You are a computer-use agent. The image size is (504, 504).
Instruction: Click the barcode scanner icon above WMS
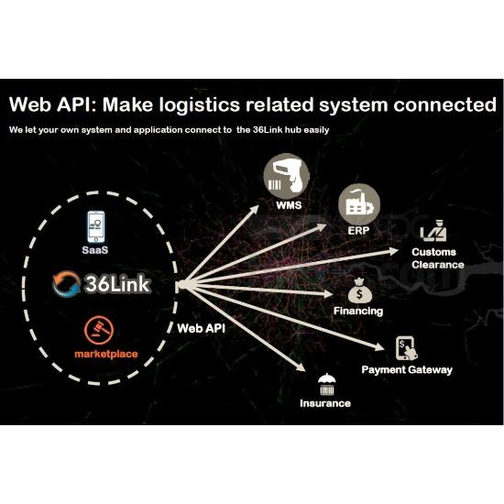(286, 177)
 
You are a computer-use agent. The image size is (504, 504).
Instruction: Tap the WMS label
(289, 205)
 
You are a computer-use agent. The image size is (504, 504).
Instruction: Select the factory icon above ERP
(359, 204)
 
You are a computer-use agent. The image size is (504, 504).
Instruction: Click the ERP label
(358, 230)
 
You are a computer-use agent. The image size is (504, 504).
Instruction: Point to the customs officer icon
(433, 230)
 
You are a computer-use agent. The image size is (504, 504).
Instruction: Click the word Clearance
(438, 265)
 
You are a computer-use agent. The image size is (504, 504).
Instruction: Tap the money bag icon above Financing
(359, 290)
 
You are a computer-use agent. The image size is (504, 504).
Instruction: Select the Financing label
(358, 311)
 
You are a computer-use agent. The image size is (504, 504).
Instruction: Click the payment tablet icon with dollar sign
(407, 348)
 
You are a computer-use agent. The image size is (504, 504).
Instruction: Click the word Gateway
(431, 369)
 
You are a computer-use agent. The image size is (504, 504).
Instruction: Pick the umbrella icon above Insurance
(326, 384)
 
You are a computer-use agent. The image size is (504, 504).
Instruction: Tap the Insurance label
(325, 403)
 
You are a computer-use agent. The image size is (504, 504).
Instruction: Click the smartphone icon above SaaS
(96, 227)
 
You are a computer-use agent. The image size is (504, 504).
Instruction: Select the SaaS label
(95, 250)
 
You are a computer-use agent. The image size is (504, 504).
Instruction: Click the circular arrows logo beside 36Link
(67, 283)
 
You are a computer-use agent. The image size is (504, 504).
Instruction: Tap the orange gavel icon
(99, 331)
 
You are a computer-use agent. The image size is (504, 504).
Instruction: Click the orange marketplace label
(106, 354)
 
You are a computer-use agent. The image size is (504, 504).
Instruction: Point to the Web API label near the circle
(202, 328)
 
